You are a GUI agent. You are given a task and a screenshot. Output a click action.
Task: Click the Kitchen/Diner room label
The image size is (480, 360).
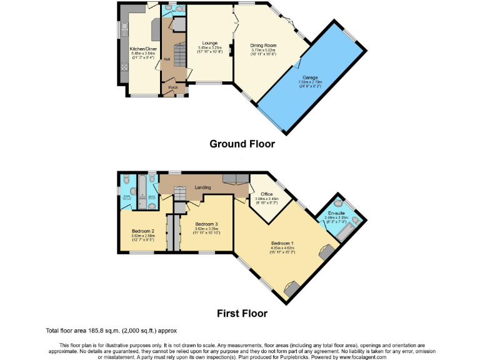point(143,48)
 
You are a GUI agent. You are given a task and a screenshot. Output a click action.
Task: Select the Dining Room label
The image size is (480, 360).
point(263,46)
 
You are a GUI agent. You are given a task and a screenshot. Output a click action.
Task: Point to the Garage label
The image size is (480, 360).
point(310,77)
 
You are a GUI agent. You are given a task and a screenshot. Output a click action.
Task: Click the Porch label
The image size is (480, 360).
point(173,87)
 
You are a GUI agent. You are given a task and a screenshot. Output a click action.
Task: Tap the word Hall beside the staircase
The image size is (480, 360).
point(167,59)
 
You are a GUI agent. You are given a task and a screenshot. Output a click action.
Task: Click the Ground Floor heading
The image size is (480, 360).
point(242,144)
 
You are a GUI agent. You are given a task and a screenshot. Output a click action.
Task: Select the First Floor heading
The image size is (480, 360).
point(242,314)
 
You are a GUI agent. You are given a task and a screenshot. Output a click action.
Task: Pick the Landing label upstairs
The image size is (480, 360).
point(202,187)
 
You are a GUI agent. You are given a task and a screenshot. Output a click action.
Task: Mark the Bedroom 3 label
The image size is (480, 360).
point(206,224)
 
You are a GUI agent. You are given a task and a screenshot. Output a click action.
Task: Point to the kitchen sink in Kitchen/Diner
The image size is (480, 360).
point(125,28)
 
